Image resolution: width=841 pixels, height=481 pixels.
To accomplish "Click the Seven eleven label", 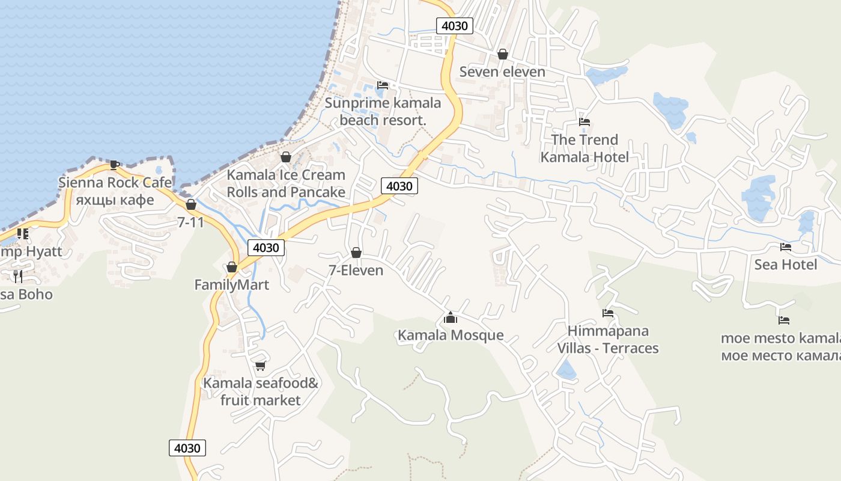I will [x=502, y=72].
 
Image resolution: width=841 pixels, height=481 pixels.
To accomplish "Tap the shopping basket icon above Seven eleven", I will [x=503, y=55].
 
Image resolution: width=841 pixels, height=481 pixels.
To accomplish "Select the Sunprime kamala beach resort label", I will [x=383, y=111].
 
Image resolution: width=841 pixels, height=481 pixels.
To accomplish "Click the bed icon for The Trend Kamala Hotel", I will [x=584, y=122].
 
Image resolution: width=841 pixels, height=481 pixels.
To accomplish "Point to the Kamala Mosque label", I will [x=451, y=335].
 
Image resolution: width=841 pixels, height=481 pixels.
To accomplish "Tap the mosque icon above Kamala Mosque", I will [x=450, y=317].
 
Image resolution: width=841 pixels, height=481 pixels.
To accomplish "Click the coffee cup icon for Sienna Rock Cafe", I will [x=114, y=164].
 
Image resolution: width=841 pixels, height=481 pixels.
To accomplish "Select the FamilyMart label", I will [x=232, y=284].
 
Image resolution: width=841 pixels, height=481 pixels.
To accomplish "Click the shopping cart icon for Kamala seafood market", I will [x=260, y=366].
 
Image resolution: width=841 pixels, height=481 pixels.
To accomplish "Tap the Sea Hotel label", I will [x=785, y=265].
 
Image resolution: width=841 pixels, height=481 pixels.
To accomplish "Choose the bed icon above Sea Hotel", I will [x=785, y=247].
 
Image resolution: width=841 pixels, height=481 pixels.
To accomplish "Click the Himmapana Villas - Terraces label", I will [x=607, y=340].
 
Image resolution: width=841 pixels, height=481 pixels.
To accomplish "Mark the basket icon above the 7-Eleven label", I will [x=356, y=253].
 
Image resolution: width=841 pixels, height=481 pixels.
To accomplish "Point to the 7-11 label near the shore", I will [x=190, y=222].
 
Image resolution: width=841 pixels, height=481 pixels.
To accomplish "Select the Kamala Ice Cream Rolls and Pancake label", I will [x=286, y=183].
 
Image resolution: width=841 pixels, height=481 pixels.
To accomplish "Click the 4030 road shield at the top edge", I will [x=454, y=26].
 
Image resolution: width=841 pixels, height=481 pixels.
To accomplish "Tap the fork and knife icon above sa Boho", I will [x=18, y=276].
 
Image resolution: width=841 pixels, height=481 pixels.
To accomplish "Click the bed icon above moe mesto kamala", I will [x=783, y=320].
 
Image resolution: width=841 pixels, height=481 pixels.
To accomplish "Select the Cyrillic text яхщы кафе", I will [x=115, y=200].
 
